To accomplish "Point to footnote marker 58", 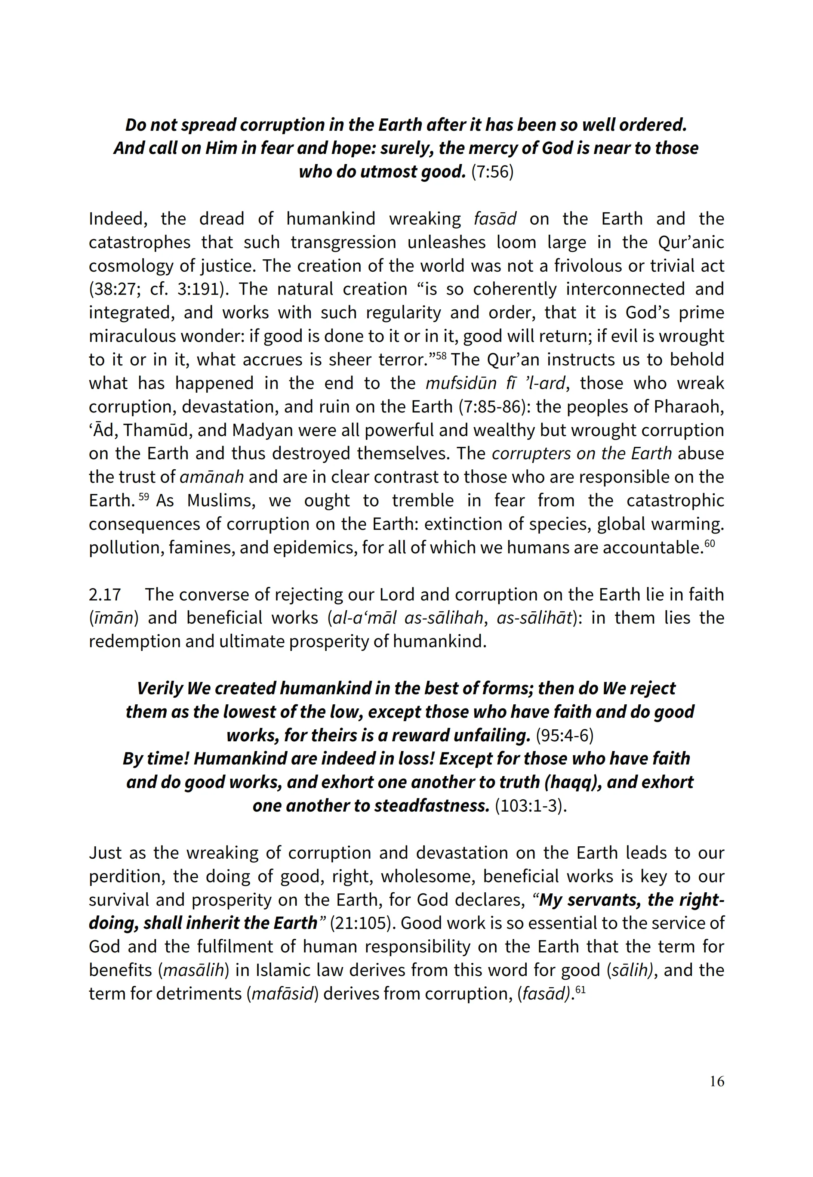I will pos(441,355).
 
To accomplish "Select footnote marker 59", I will pos(144,496).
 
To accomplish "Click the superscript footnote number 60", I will pos(709,543).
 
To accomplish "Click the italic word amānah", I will pos(212,477).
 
